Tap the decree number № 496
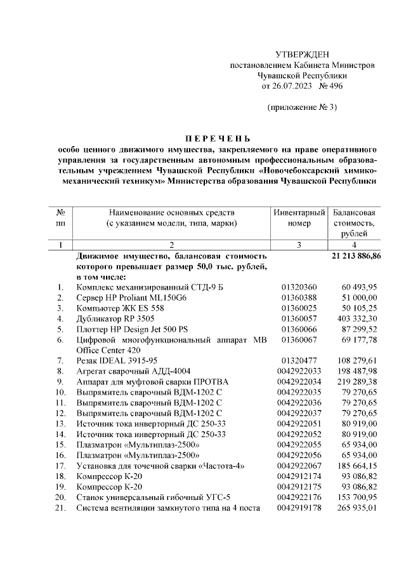(x=330, y=86)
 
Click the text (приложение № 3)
(x=301, y=107)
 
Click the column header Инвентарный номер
(x=299, y=217)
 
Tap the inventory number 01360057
(x=299, y=318)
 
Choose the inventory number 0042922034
(x=299, y=381)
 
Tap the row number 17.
(x=60, y=466)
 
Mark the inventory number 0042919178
(x=299, y=508)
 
